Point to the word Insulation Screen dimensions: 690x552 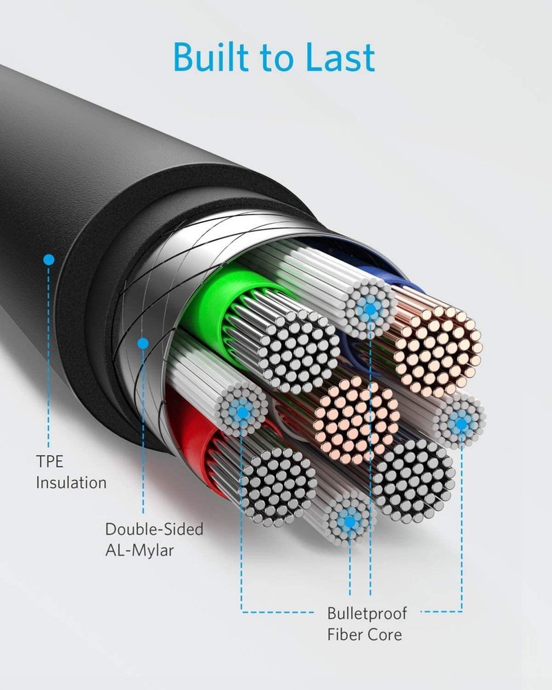pyautogui.click(x=71, y=482)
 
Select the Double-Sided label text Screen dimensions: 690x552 pyautogui.click(x=154, y=529)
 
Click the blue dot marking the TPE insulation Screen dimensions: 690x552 pyautogui.click(x=48, y=260)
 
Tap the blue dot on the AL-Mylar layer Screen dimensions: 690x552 pyautogui.click(x=144, y=342)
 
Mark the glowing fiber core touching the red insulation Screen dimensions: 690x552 pyautogui.click(x=241, y=411)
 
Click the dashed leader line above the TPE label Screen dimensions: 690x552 pyautogui.click(x=48, y=359)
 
